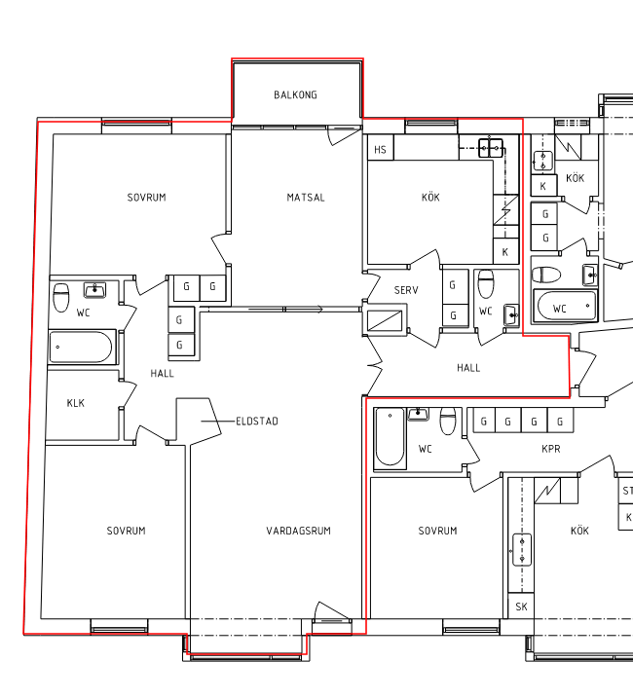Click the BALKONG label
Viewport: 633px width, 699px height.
[295, 95]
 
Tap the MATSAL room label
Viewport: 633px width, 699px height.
[306, 198]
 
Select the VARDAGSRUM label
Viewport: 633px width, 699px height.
[298, 531]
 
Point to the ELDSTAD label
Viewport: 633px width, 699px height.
[257, 422]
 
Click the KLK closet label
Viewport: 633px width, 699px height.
[75, 403]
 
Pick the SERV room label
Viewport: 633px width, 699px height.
[406, 291]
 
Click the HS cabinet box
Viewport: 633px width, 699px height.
[381, 148]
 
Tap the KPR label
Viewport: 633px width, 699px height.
[551, 449]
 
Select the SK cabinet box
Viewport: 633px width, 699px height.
[521, 606]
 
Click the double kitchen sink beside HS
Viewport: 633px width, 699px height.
[491, 148]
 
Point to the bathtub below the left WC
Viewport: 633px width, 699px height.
[81, 347]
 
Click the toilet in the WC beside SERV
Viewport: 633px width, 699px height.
[486, 284]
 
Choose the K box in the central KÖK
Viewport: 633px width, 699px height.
[505, 251]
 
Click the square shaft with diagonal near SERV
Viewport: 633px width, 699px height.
[385, 320]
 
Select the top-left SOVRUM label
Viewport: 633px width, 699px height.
[146, 198]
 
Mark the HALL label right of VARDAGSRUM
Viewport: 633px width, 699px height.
[468, 368]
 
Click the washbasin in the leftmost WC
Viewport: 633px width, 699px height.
[95, 290]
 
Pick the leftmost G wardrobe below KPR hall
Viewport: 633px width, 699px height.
[484, 421]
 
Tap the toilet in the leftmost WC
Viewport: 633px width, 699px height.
[61, 297]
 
